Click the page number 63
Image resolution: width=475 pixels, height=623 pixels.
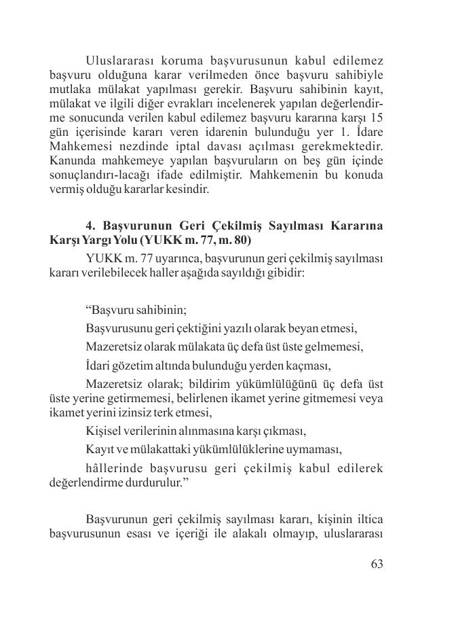[x=377, y=565]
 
